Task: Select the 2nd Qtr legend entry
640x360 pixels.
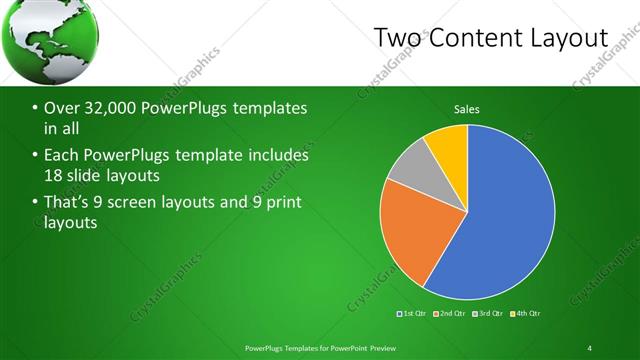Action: click(x=451, y=314)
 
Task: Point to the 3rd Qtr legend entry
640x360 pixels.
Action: click(x=489, y=314)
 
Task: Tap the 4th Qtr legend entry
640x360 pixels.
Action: click(x=527, y=314)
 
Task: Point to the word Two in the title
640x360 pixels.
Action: click(x=397, y=38)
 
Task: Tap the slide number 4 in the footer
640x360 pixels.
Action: click(x=590, y=347)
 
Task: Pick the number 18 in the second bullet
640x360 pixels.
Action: click(x=54, y=177)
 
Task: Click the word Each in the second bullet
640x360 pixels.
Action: click(x=62, y=156)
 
